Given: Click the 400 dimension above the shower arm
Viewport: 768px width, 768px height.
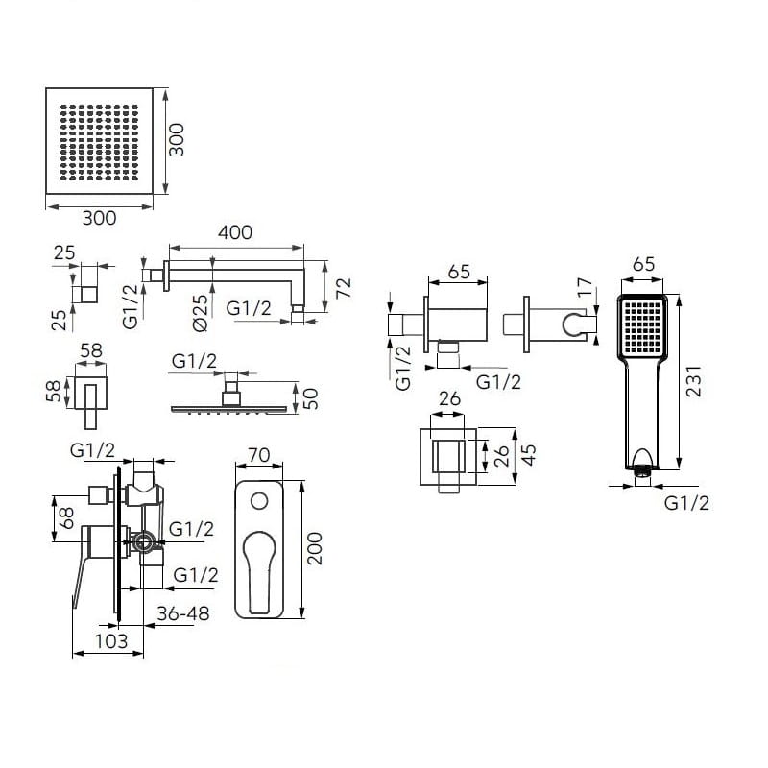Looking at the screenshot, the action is point(235,232).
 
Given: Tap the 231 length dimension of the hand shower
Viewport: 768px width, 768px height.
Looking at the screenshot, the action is point(693,381).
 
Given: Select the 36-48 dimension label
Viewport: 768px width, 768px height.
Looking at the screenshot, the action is point(183,613).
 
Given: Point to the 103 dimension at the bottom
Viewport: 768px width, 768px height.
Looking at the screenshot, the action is point(111,641).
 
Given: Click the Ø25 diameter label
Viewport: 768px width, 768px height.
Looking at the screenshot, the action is point(201,314).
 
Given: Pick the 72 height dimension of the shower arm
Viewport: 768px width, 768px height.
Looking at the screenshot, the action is point(344,287).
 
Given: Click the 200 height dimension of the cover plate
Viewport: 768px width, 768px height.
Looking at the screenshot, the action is point(315,548).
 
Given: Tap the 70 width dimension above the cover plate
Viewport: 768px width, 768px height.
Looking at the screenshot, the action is point(258,455).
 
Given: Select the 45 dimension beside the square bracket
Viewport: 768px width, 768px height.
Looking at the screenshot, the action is point(529,455).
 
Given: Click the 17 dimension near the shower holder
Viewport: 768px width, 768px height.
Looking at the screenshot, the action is point(586,287).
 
